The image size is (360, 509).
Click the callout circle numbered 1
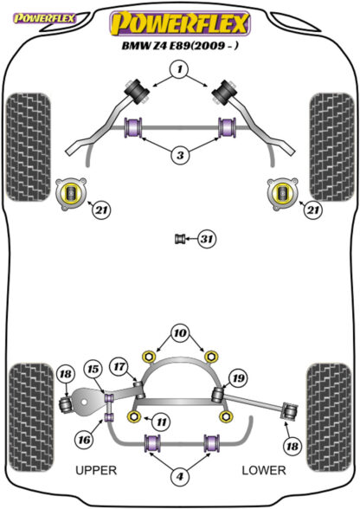pos(180,69)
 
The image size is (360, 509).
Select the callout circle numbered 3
pos(180,155)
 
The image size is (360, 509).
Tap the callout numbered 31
pos(207,239)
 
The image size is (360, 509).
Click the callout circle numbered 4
pos(180,476)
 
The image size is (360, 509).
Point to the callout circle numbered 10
pos(180,333)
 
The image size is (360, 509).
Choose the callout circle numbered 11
pos(161,422)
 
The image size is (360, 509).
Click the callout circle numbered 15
pos(93,369)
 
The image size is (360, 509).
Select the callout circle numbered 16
pos(85,440)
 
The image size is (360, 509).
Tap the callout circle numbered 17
pos(119,366)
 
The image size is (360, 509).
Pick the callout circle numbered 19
pos(238,377)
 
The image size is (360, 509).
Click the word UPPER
pos(96,470)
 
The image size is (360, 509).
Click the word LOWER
pos(264,470)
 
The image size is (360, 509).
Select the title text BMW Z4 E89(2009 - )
pos(180,46)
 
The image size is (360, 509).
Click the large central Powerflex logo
pos(180,23)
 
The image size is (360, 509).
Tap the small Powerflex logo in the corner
pos(44,18)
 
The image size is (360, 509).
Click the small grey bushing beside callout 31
pos(179,239)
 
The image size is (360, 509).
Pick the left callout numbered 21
pos(101,210)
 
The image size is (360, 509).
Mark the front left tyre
pos(29,147)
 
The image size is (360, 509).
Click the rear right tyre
pos(329,417)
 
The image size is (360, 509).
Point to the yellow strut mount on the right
pos(282,194)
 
